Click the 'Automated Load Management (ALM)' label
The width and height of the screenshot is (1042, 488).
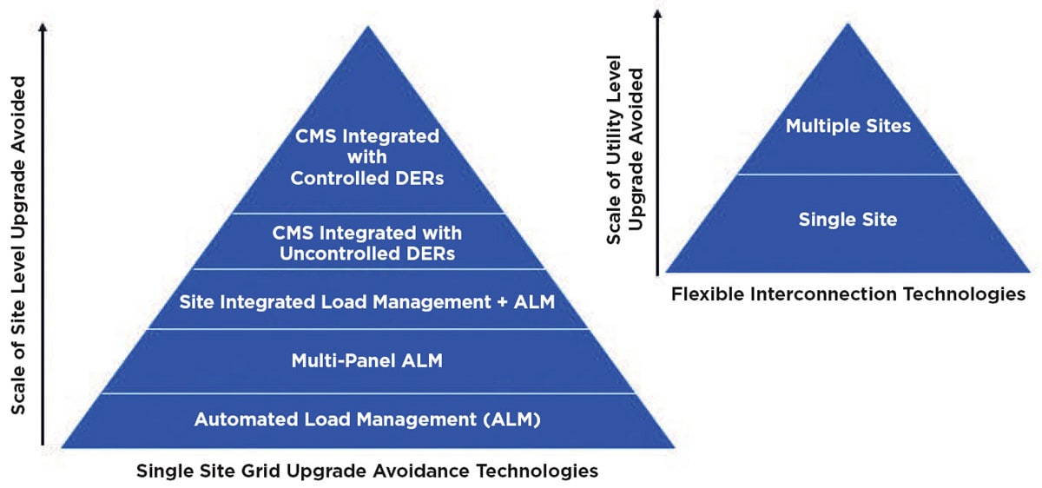[367, 419]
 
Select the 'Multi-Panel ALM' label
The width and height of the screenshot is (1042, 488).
[367, 361]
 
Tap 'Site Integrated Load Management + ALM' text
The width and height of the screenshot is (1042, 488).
[367, 302]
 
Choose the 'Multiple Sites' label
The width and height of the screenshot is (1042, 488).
[848, 126]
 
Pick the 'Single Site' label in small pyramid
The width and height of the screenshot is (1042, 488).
[847, 220]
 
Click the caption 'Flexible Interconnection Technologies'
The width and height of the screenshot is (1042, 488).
[848, 294]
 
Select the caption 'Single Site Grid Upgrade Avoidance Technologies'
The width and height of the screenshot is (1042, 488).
[367, 472]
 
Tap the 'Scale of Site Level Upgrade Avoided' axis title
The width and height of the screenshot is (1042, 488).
[17, 245]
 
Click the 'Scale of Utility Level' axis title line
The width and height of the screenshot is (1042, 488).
[614, 150]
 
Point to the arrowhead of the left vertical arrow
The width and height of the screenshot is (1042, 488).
[43, 28]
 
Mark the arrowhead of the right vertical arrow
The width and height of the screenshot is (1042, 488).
[657, 15]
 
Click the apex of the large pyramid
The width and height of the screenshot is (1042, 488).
[368, 26]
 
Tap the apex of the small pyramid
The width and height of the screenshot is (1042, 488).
[848, 23]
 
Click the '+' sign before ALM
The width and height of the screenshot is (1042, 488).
[502, 302]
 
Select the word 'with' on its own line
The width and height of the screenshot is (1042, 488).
[367, 157]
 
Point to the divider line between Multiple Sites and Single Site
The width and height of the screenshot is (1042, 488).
[848, 175]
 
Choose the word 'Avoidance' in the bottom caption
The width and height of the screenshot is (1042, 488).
[422, 472]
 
